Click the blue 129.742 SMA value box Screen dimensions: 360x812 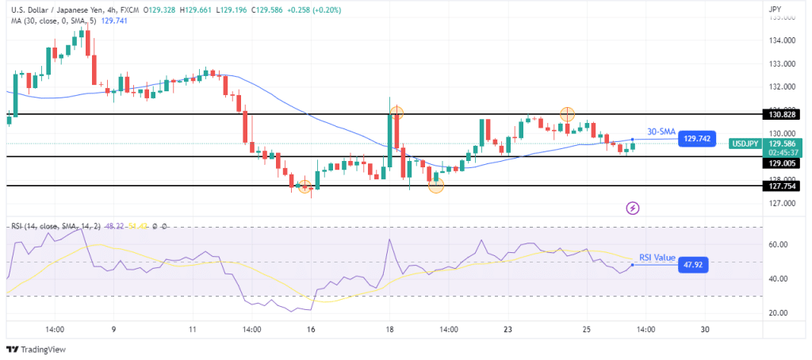pos(695,138)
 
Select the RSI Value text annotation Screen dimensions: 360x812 pos(657,258)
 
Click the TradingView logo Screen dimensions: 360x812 pos(37,349)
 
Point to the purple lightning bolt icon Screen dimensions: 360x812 pos(633,209)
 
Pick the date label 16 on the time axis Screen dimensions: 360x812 pos(311,329)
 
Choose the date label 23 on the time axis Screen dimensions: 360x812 pos(507,329)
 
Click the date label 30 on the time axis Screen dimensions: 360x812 pos(705,329)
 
